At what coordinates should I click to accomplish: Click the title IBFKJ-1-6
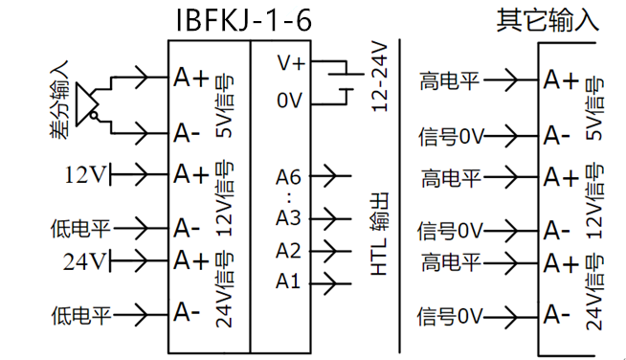coord(243,20)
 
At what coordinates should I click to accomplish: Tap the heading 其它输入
coord(548,20)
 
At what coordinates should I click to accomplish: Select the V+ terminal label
coord(291,63)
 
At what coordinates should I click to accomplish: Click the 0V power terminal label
coord(289,101)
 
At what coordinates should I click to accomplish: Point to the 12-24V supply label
coord(379,77)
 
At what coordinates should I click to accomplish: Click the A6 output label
coord(288,177)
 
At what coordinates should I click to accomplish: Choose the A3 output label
coord(288,218)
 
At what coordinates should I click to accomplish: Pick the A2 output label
coord(288,251)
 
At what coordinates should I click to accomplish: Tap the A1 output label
coord(287,281)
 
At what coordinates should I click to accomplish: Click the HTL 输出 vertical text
coord(379,235)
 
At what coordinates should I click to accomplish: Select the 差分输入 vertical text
coord(59,100)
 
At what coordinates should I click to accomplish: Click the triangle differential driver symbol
coord(87,104)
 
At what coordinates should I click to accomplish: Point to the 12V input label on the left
coord(85,174)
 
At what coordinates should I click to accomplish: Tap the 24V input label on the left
coord(84,261)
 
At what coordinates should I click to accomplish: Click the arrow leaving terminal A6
coord(330,175)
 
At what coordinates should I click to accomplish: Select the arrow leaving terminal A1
coord(330,283)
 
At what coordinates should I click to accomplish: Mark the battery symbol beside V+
coord(346,82)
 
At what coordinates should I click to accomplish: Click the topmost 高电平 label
coord(449,80)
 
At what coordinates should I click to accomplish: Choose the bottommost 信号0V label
coord(450,316)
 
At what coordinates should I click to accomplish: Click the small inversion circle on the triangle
coord(94,116)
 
